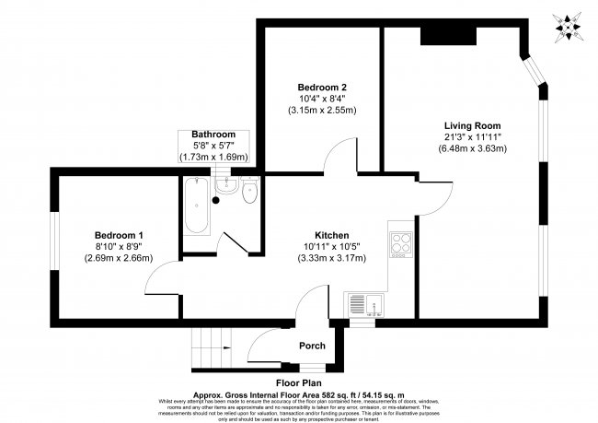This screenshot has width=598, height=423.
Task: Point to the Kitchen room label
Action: (331, 235)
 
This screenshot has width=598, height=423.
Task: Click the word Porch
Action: (312, 347)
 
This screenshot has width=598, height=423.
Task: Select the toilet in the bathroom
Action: (247, 193)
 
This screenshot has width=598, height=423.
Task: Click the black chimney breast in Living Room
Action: (450, 34)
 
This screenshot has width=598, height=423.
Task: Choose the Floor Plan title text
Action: (299, 381)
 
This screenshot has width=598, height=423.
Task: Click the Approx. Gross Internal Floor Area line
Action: (299, 391)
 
